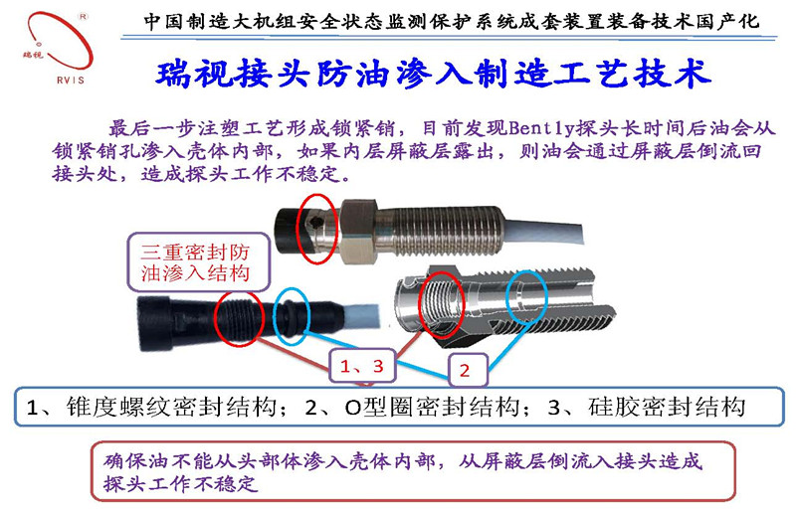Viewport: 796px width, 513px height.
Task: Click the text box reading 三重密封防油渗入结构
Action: [x=196, y=260]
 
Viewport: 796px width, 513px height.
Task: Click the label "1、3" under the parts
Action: [x=361, y=365]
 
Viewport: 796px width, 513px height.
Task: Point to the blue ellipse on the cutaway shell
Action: [x=523, y=293]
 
